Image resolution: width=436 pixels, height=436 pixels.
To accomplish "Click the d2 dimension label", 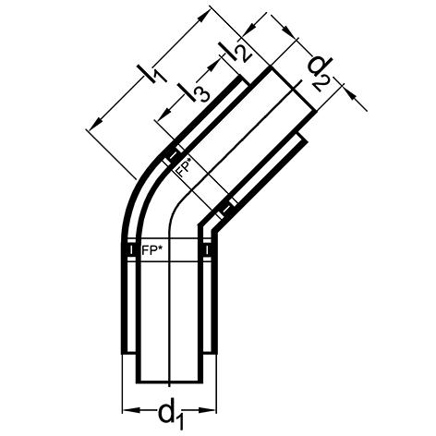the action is coord(321,73).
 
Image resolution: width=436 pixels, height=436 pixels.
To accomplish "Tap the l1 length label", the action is coord(152,74).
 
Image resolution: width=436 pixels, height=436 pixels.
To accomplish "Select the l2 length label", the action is coord(236,52).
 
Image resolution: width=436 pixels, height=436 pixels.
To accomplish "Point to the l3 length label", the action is coord(195,91).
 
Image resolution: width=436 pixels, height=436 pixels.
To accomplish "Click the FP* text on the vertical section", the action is coord(151,249).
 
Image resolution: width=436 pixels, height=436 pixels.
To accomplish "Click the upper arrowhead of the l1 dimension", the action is coord(200,18).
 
